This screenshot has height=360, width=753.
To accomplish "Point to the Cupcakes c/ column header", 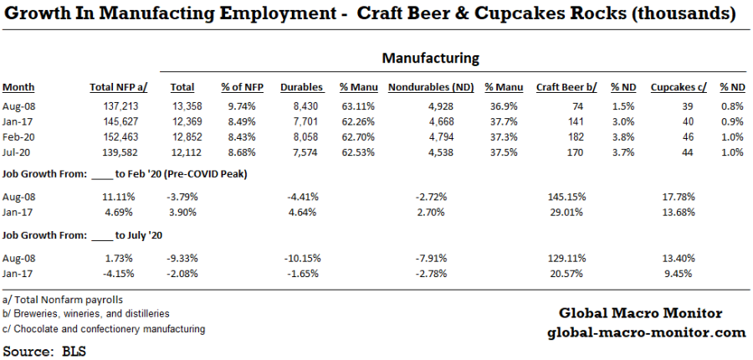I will pyautogui.click(x=679, y=87).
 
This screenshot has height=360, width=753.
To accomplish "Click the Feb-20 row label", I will pyautogui.click(x=18, y=136).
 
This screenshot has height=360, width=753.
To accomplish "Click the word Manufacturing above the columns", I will pyautogui.click(x=430, y=59).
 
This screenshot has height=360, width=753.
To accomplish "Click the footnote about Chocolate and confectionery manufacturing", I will pyautogui.click(x=104, y=329).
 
